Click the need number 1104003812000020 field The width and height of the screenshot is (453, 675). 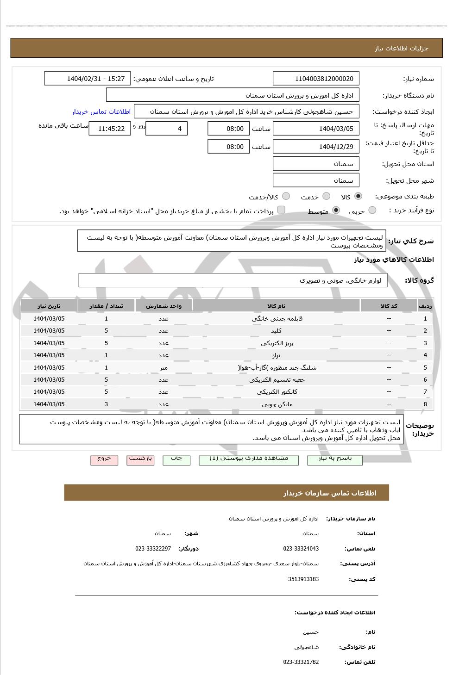[x=316, y=79]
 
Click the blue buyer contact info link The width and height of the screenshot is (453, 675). [x=101, y=111]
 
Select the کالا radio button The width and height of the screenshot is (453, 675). [x=358, y=197]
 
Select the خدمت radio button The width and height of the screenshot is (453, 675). [x=326, y=197]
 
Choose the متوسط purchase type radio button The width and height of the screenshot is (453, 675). [x=336, y=211]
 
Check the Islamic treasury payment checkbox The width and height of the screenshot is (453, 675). [x=281, y=210]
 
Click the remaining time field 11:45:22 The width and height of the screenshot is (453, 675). [x=110, y=129]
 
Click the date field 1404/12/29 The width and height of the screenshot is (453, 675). [x=316, y=147]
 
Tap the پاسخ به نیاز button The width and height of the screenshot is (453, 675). [x=335, y=459]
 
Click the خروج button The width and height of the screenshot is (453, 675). [x=104, y=459]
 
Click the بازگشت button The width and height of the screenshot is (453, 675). [x=140, y=459]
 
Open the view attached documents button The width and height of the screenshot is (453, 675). [x=248, y=459]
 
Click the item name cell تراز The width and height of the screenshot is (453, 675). [x=277, y=355]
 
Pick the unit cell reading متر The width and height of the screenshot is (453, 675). [x=164, y=368]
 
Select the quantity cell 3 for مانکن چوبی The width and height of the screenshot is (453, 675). [x=106, y=404]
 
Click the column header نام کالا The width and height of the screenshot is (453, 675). [x=277, y=306]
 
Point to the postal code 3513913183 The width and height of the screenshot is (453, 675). [x=303, y=579]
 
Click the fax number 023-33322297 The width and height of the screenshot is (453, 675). [x=153, y=549]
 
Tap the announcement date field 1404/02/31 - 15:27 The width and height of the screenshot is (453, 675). [x=88, y=79]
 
